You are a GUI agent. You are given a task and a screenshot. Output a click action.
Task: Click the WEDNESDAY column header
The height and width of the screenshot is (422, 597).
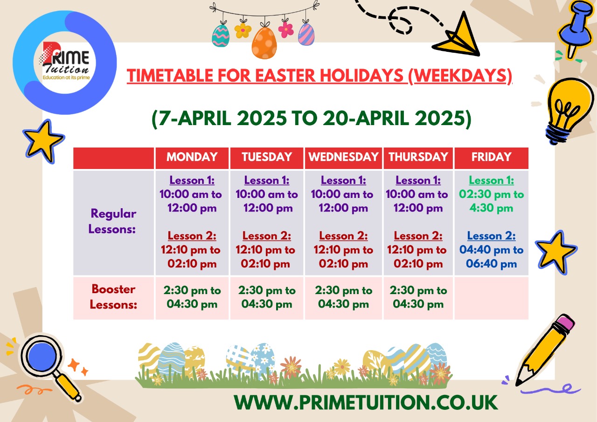coord(343,157)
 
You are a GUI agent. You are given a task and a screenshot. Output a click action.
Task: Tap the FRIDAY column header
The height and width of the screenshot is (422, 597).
coord(492,157)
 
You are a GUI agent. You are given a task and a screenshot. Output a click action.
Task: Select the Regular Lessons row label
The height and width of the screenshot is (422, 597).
coord(112,221)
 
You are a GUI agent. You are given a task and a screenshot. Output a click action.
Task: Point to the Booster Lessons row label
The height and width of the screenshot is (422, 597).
coord(113,296)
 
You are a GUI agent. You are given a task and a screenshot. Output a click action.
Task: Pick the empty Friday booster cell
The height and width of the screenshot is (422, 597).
coord(492,298)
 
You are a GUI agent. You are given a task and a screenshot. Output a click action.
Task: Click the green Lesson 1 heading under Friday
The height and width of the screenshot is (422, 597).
coord(492,180)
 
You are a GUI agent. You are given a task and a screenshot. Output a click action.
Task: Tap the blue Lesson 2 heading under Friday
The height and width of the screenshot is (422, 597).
coord(492,236)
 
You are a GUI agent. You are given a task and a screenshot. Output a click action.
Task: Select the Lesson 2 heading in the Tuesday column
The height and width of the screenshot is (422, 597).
coord(267,236)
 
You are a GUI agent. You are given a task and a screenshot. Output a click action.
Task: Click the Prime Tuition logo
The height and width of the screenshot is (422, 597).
coord(65,62)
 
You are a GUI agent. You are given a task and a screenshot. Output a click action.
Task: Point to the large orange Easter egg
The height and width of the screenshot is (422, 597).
coord(264,42)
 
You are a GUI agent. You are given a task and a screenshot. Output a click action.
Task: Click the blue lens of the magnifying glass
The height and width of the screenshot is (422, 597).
coord(42,357)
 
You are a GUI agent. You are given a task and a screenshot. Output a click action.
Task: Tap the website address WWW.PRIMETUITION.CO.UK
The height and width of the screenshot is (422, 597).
coord(366,402)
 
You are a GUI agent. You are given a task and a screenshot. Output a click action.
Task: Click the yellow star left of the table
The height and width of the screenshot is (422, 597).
coord(43,141)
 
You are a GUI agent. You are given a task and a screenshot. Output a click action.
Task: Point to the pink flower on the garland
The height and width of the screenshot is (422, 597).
coord(286,29)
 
